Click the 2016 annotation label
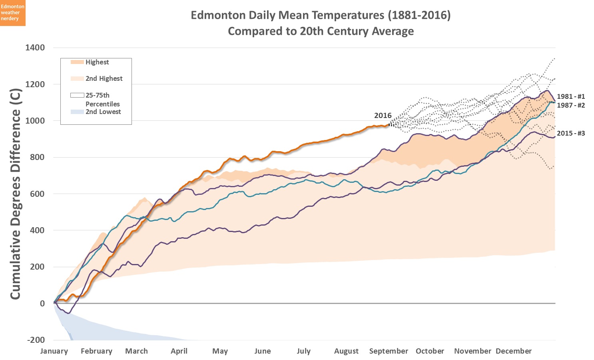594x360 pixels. click(383, 115)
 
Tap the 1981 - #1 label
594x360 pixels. click(570, 96)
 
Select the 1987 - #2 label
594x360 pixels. click(570, 105)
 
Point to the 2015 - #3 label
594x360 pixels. click(570, 133)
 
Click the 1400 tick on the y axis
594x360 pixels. click(35, 48)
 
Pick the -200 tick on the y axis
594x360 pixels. click(36, 340)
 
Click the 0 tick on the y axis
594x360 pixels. click(42, 304)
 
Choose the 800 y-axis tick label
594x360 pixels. click(37, 157)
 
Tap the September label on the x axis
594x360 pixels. click(389, 351)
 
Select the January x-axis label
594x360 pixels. click(54, 351)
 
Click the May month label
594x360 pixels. click(220, 351)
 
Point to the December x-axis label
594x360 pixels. click(514, 351)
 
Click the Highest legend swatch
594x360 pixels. click(77, 62)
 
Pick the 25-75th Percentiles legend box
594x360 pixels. click(77, 95)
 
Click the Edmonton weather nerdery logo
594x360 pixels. click(13, 13)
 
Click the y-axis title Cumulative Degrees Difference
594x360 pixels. click(15, 194)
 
